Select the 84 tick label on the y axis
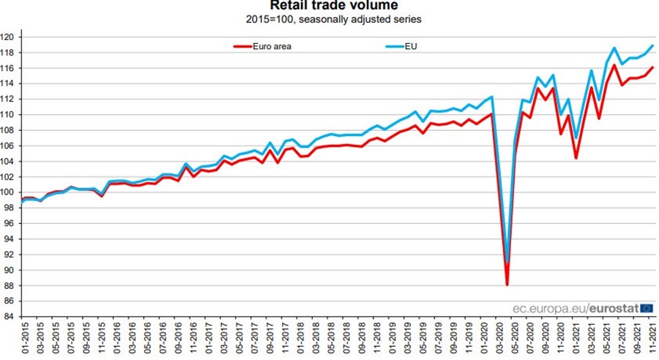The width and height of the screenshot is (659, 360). [x=10, y=317]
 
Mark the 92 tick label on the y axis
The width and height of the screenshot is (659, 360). [x=10, y=255]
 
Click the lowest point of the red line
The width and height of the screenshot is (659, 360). [x=507, y=285]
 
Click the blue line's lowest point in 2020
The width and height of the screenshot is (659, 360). [x=507, y=262]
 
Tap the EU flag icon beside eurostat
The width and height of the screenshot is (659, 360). [x=647, y=308]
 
